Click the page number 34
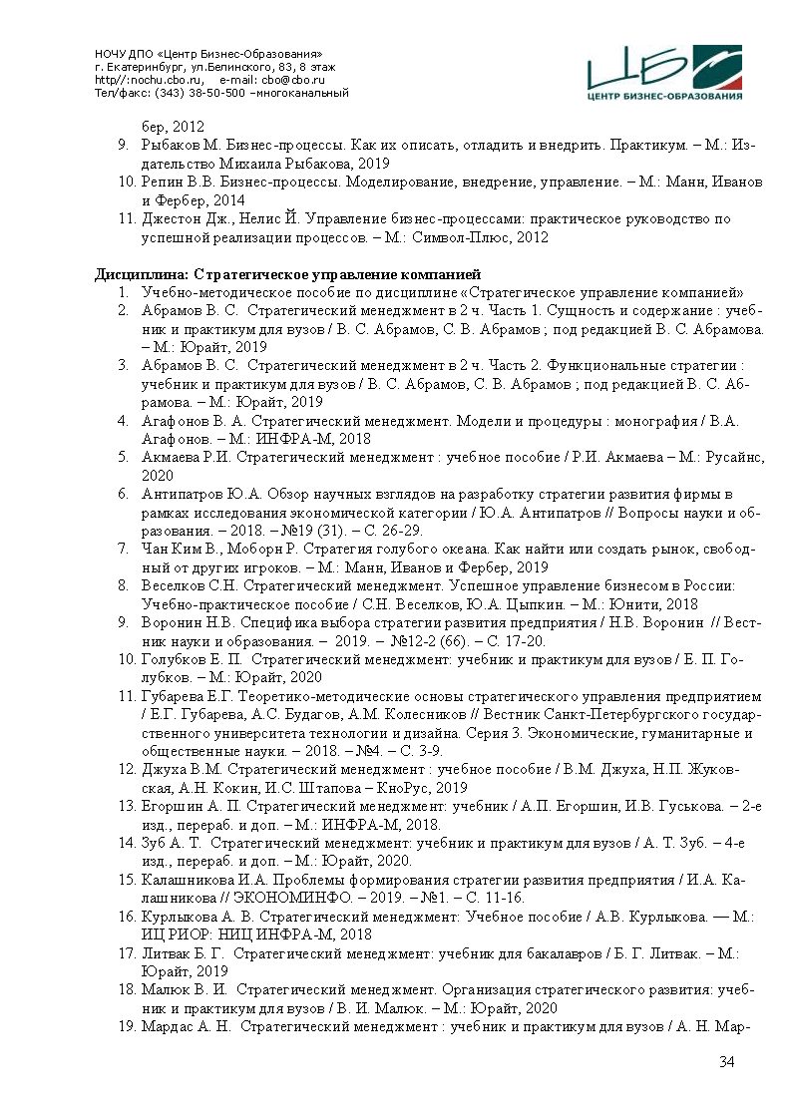(x=726, y=1061)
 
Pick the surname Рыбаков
(x=175, y=146)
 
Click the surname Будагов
(x=287, y=713)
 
